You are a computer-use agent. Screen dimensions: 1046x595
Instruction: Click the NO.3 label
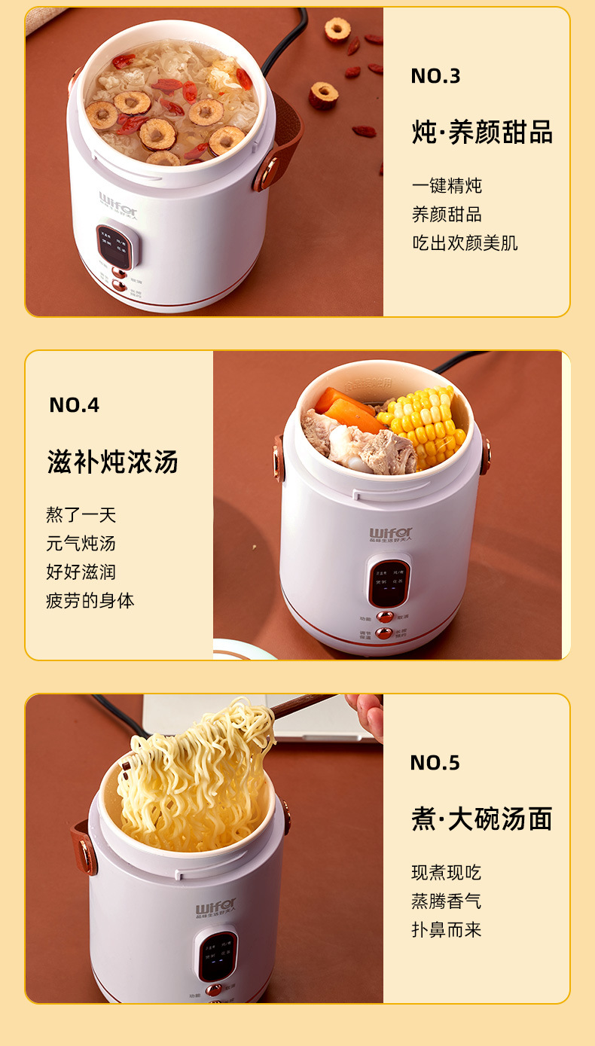coord(435,76)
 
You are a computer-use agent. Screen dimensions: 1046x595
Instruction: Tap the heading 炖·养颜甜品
coord(482,133)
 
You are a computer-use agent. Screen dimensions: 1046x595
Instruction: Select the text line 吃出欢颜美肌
coord(465,242)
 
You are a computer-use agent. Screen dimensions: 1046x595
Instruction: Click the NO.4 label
coord(75,405)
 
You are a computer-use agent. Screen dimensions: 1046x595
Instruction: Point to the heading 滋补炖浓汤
coord(113,462)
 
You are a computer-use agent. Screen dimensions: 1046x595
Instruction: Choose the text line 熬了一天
coord(81,515)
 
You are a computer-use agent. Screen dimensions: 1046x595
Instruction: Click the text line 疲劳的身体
coord(90,601)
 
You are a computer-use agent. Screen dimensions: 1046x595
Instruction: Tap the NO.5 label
coord(435,763)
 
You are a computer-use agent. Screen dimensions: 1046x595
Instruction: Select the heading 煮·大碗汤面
coord(482,819)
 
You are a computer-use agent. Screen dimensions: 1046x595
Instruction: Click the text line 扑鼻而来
coord(446,929)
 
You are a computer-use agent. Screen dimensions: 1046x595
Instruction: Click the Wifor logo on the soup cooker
coord(390,534)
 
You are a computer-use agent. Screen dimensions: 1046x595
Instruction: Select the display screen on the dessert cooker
coord(117,246)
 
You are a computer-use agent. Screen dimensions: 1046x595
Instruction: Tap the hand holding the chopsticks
coord(367,712)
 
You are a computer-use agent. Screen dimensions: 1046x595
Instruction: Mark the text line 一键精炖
coord(447,185)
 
